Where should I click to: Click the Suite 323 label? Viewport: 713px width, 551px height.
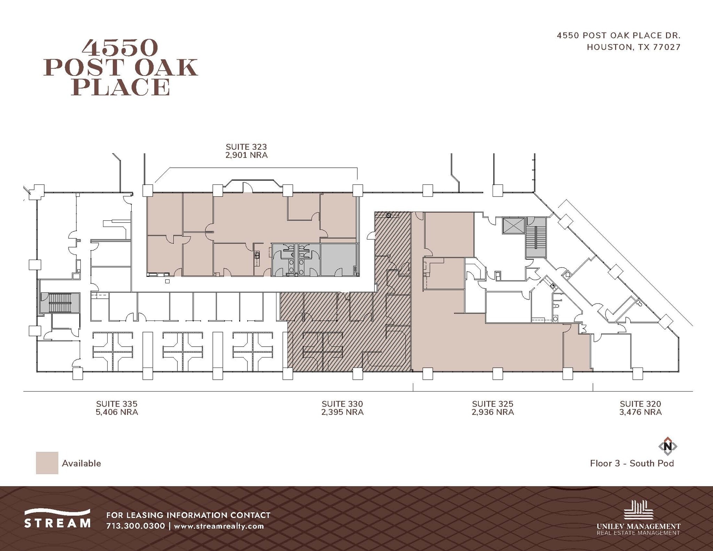(x=246, y=147)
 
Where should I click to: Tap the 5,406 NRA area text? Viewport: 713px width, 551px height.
(x=117, y=412)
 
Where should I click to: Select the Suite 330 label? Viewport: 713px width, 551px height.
(x=342, y=404)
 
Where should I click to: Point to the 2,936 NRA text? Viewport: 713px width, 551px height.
(x=493, y=412)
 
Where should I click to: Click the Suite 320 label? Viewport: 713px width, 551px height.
(x=640, y=404)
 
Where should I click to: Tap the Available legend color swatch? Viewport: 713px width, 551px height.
(x=47, y=463)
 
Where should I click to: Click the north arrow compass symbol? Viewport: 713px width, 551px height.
(x=667, y=446)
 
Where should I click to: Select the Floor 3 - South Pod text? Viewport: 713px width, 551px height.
(x=632, y=463)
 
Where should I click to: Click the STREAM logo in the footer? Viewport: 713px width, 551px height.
(x=57, y=519)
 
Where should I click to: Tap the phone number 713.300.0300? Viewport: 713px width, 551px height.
(x=135, y=526)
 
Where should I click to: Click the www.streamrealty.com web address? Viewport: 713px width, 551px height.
(x=219, y=526)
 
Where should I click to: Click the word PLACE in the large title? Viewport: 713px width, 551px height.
(x=121, y=87)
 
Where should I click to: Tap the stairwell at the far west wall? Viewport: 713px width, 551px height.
(x=60, y=302)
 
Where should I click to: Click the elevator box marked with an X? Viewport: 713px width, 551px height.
(x=514, y=226)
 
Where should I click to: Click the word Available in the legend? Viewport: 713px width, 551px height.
(x=81, y=463)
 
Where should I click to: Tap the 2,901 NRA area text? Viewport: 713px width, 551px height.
(x=246, y=155)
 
